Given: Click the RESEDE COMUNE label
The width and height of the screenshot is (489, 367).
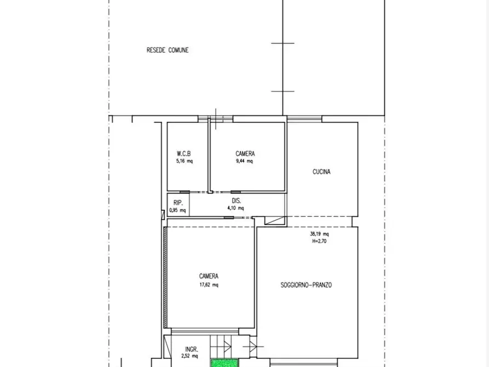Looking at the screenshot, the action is [x=168, y=50].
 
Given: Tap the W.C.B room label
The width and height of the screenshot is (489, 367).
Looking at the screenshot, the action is [x=183, y=153].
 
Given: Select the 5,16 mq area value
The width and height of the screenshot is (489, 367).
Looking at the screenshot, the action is [x=185, y=161].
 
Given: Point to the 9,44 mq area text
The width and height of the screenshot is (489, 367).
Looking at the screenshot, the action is [x=244, y=161].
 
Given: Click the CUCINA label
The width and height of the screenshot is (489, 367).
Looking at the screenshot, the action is [x=321, y=171].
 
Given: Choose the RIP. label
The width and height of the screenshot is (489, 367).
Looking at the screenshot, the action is [x=178, y=203].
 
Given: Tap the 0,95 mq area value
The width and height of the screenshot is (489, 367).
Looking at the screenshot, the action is [x=177, y=210].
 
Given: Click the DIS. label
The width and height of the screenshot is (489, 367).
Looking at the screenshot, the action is [x=237, y=200].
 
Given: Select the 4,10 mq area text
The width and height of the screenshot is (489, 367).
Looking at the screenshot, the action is [x=235, y=208].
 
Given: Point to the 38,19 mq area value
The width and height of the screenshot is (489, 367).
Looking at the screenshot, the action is [x=319, y=234].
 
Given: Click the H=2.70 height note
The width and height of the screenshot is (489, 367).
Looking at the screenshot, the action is [x=319, y=241].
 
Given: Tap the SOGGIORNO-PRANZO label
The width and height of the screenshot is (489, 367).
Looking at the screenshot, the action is [x=306, y=285].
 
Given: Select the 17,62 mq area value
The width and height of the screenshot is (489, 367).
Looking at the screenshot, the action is [x=209, y=285].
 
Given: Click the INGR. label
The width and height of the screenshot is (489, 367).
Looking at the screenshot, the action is [x=192, y=349].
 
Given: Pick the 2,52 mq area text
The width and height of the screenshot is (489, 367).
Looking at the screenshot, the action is [x=189, y=355].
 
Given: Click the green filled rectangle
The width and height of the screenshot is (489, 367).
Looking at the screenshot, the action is [x=225, y=363].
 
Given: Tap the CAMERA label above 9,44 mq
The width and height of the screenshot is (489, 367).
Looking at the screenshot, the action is [x=245, y=153].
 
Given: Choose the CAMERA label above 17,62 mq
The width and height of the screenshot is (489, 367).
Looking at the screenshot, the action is [x=209, y=276].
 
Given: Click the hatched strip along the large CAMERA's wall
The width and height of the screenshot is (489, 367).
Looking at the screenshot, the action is [x=165, y=277].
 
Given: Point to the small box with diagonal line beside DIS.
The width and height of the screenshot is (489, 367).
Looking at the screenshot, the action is [x=275, y=220].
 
